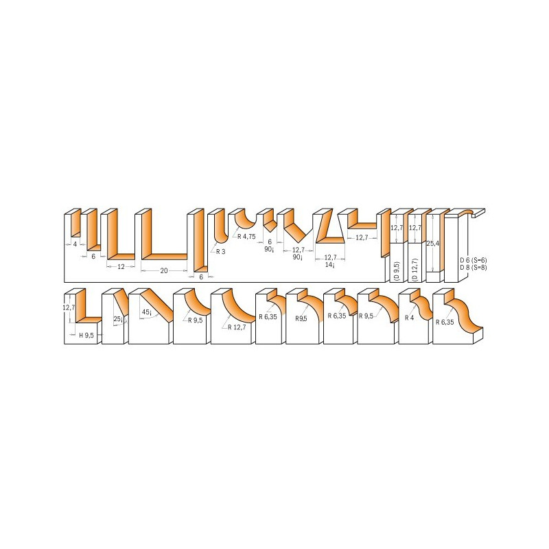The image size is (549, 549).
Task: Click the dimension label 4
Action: click(x=75, y=244)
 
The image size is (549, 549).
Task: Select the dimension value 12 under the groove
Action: click(x=121, y=267)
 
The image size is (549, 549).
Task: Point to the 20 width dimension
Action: click(x=164, y=270)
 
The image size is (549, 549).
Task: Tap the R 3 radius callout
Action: click(x=220, y=251)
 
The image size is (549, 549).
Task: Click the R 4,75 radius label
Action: click(x=246, y=237)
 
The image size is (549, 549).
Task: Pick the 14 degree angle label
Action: click(x=330, y=265)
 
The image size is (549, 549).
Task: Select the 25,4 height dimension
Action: click(x=433, y=244)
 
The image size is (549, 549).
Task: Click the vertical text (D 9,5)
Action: click(x=397, y=271)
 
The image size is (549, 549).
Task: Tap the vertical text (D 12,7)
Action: click(x=415, y=270)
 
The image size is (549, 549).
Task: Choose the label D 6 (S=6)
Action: click(x=474, y=261)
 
